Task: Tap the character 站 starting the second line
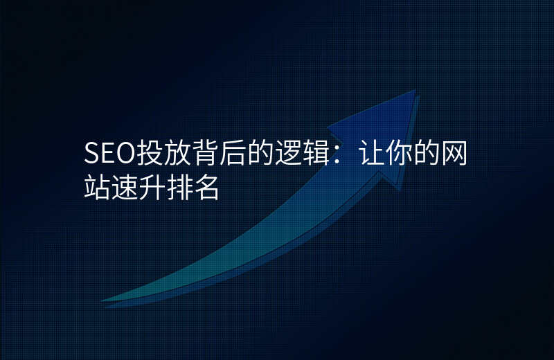(x=97, y=187)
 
